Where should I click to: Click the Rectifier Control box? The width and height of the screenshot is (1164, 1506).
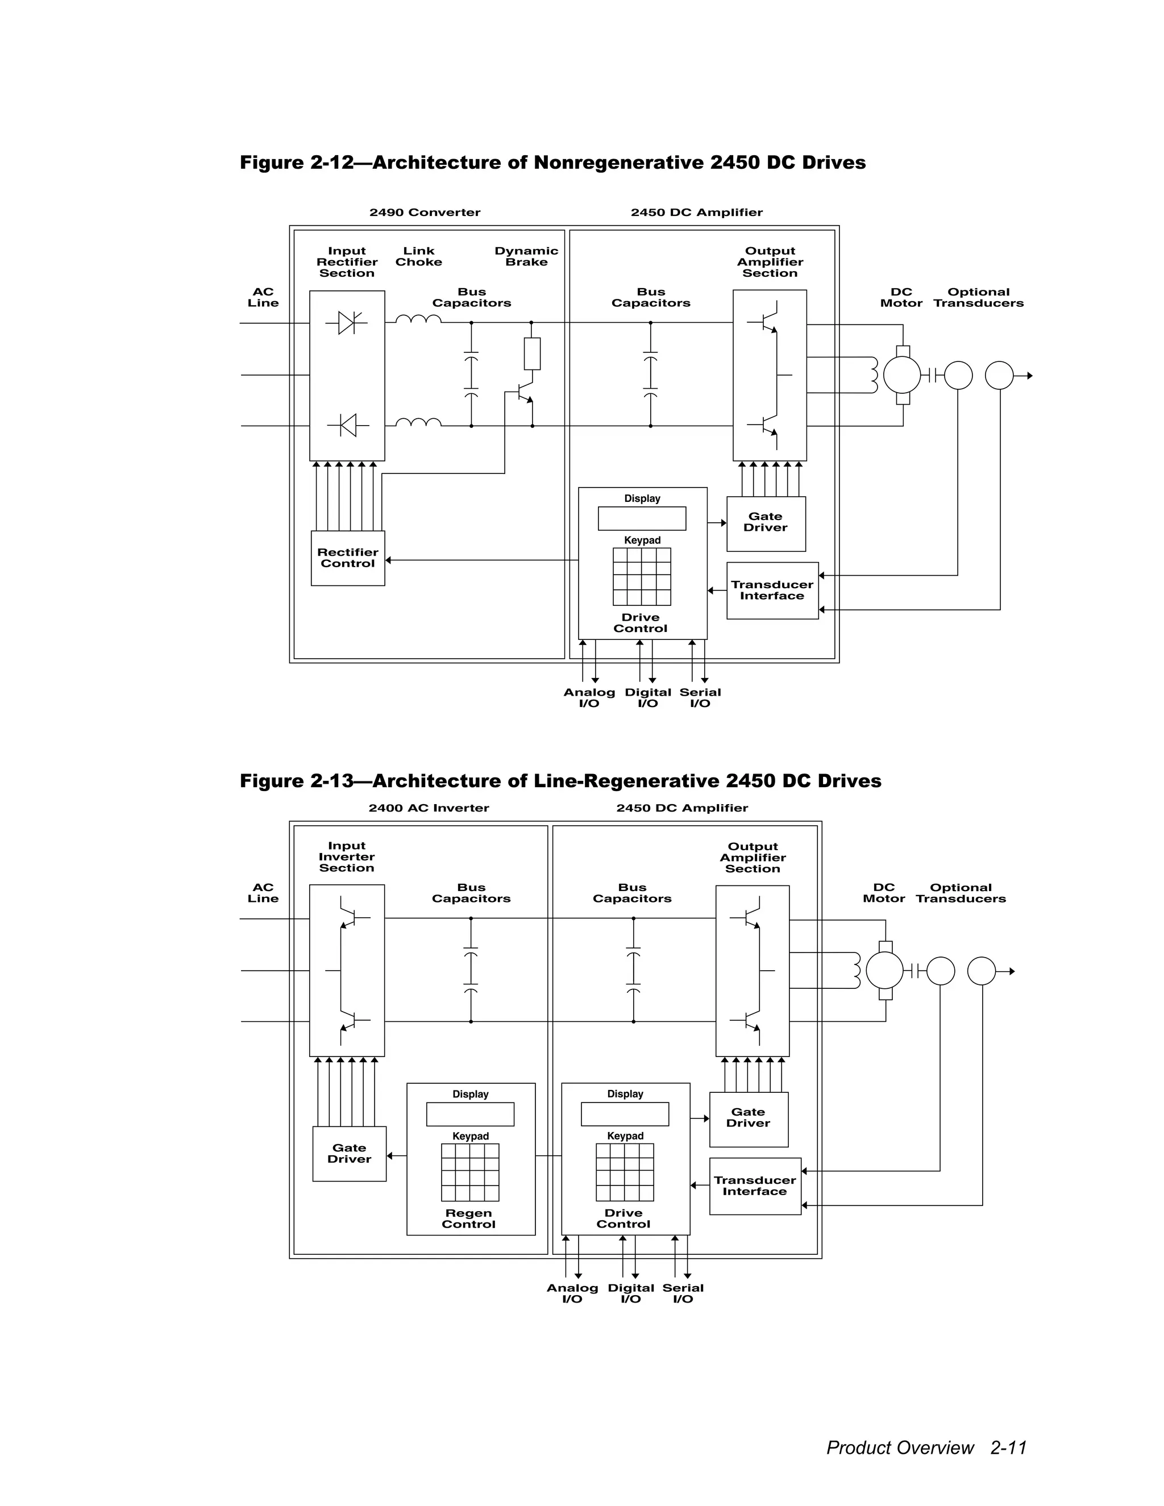point(347,558)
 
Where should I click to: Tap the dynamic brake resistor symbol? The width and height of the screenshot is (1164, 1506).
point(531,353)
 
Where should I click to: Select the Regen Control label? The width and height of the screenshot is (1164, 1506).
point(469,1218)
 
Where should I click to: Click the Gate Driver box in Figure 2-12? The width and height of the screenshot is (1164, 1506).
point(766,523)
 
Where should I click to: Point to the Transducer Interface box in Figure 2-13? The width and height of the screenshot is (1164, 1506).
point(755,1186)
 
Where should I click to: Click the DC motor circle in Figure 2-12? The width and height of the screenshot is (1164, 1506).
point(902,375)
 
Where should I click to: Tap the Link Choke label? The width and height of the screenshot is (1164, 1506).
point(418,256)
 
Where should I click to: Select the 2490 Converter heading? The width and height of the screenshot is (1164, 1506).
point(425,213)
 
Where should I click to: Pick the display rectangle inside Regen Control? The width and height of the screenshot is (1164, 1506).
point(470,1114)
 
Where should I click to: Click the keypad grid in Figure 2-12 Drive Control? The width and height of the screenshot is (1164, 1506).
point(641,576)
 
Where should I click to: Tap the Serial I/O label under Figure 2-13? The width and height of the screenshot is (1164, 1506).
point(683,1293)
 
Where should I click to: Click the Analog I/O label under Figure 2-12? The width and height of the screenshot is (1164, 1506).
point(589,697)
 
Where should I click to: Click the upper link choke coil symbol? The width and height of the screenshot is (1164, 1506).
point(418,319)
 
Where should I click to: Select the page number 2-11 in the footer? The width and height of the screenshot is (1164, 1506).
point(1008,1447)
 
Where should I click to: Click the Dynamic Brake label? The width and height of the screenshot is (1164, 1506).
point(526,256)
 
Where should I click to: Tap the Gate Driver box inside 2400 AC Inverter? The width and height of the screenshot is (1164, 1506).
point(349,1154)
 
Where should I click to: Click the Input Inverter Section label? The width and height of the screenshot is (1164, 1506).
point(346,857)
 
